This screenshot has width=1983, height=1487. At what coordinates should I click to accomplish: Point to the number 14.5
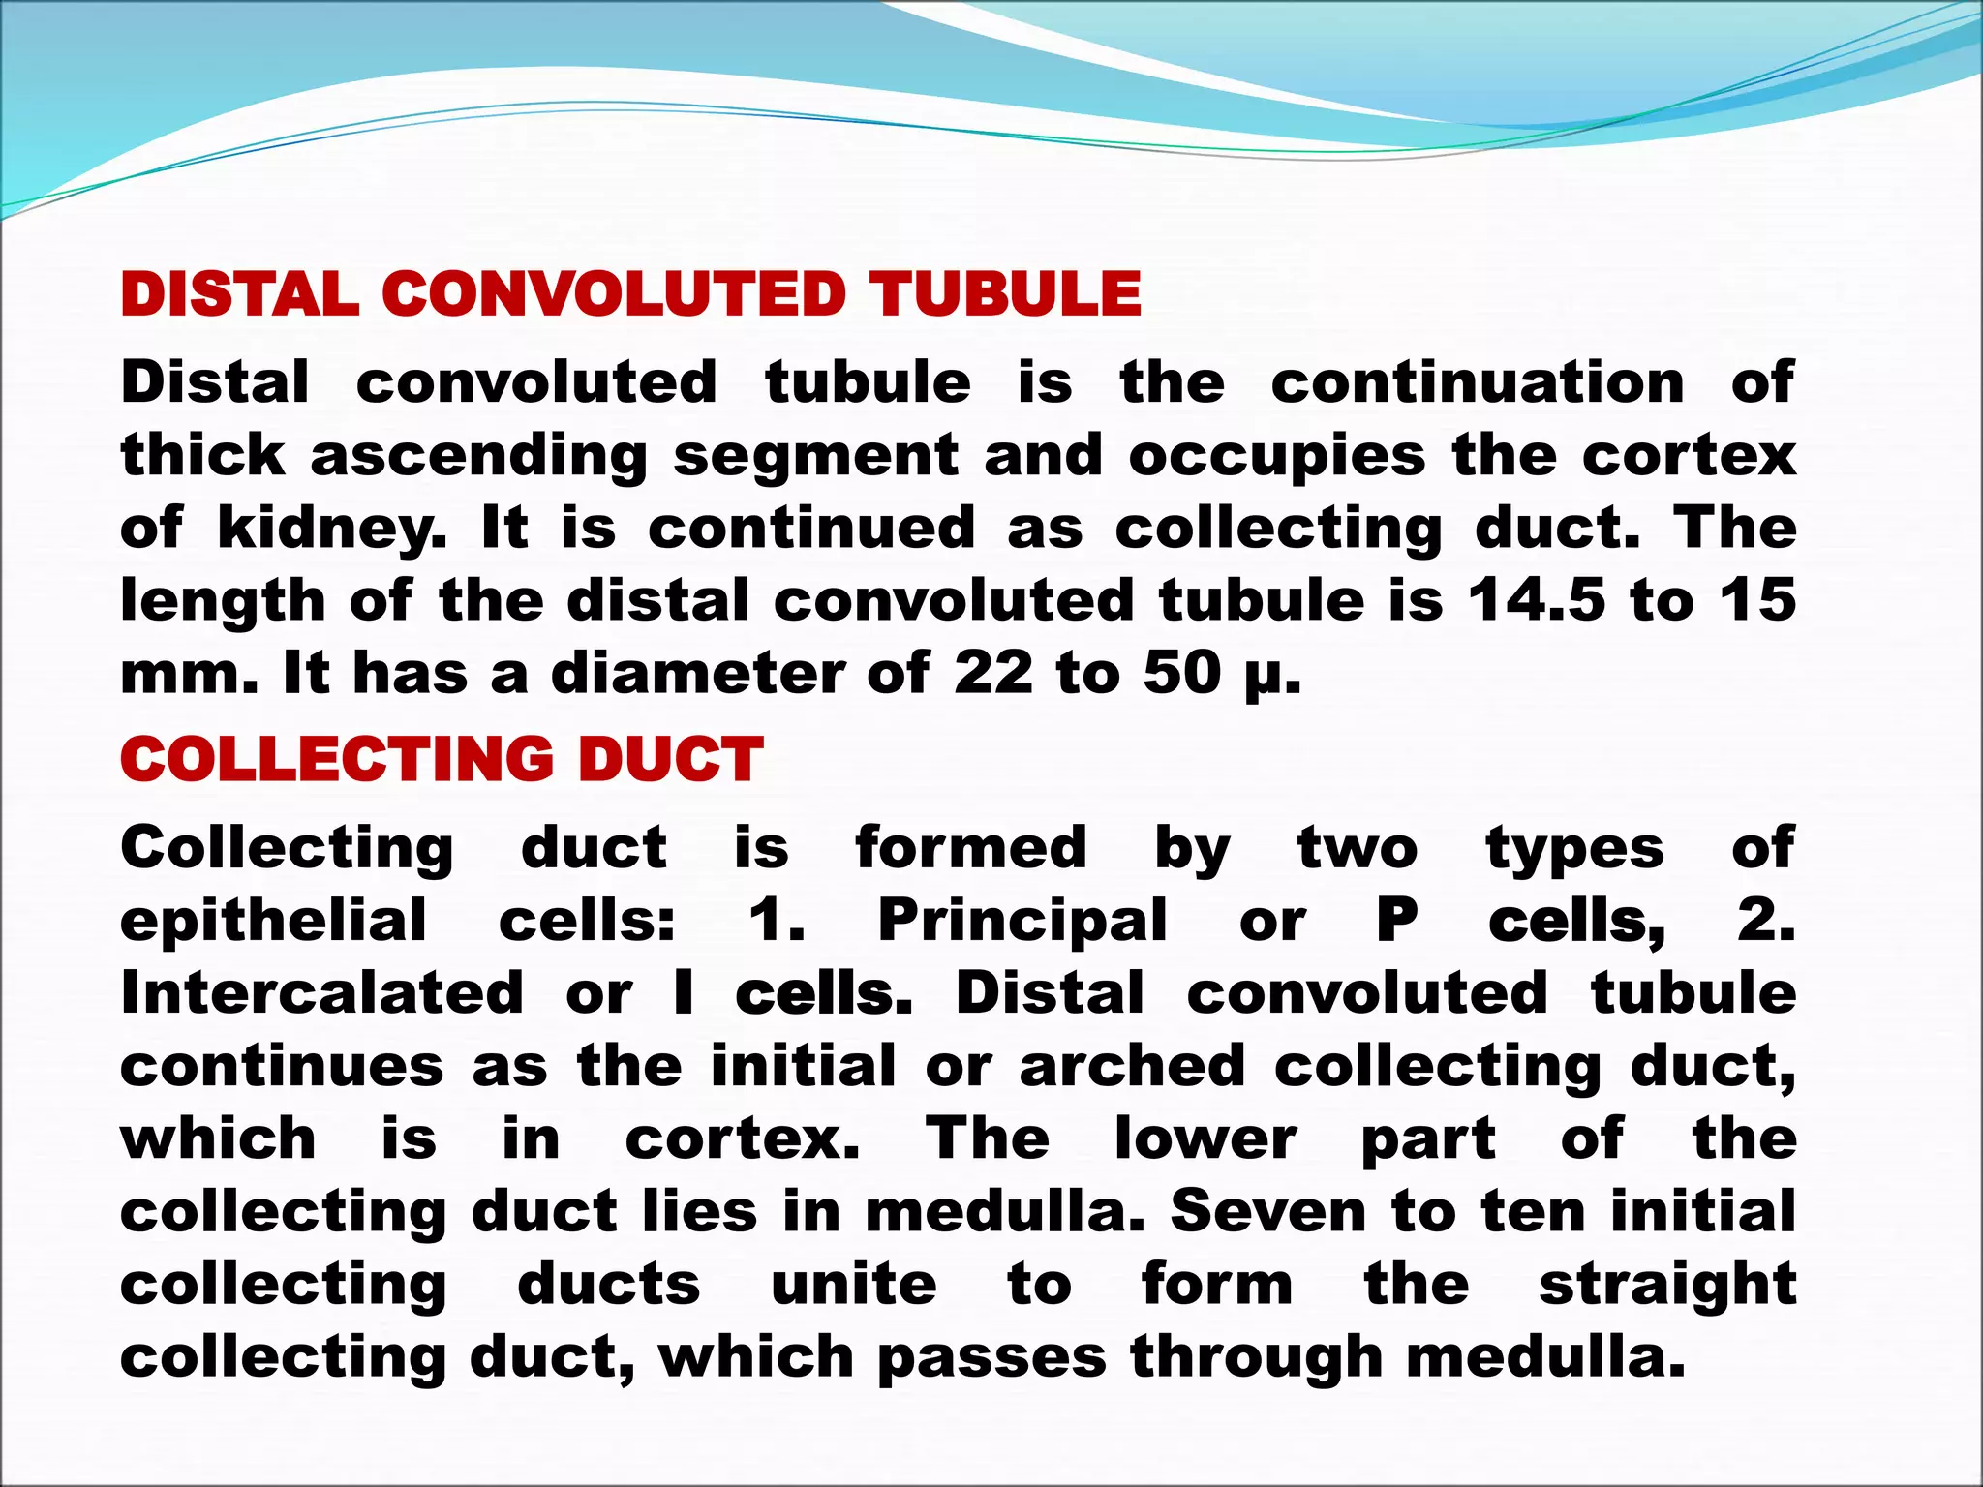pyautogui.click(x=1536, y=600)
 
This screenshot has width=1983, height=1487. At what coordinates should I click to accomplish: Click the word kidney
pyautogui.click(x=333, y=530)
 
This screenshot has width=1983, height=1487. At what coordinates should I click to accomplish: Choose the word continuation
pyautogui.click(x=1478, y=382)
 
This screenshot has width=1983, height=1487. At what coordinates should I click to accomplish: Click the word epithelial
pyautogui.click(x=273, y=921)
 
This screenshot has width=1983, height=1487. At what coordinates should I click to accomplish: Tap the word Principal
pyautogui.click(x=1022, y=921)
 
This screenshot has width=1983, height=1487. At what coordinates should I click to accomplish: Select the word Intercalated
pyautogui.click(x=321, y=993)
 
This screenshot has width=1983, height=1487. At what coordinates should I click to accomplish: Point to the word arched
pyautogui.click(x=1132, y=1066)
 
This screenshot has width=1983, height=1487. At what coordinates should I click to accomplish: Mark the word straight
pyautogui.click(x=1667, y=1286)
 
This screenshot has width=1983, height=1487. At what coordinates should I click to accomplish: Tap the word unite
pyautogui.click(x=854, y=1284)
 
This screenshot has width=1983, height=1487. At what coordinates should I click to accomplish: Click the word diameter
pyautogui.click(x=698, y=673)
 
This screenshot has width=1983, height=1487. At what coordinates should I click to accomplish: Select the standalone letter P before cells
pyautogui.click(x=1397, y=921)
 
